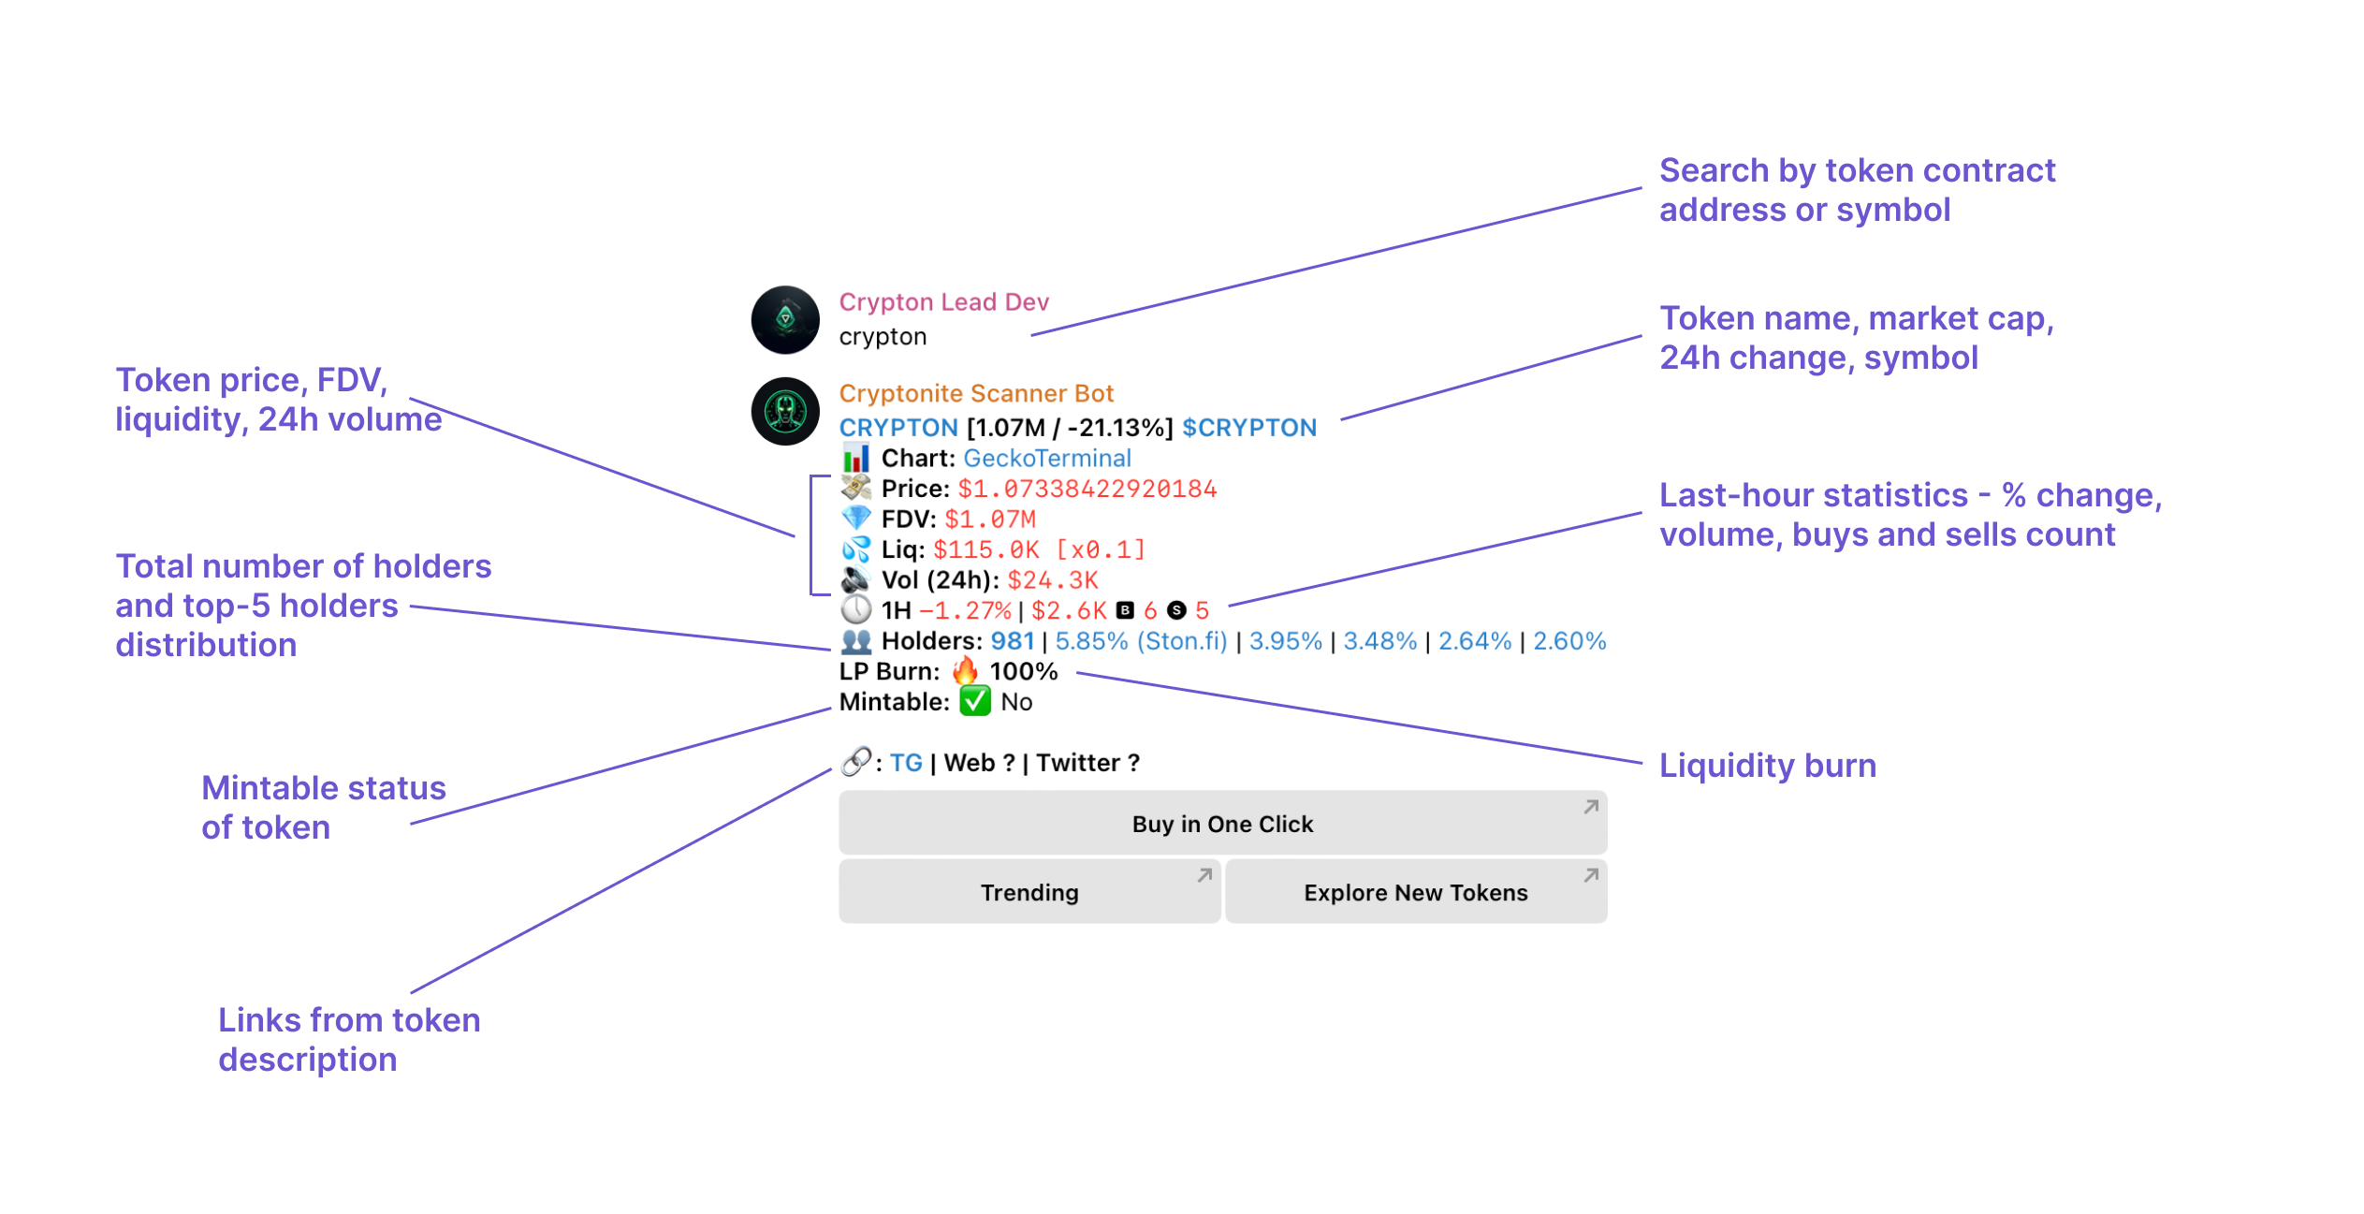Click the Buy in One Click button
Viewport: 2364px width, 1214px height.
pyautogui.click(x=1222, y=824)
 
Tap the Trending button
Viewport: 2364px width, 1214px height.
pyautogui.click(x=1029, y=892)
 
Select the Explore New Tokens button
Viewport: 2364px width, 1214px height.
pyautogui.click(x=1415, y=892)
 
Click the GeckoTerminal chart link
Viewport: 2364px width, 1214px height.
pyautogui.click(x=1046, y=459)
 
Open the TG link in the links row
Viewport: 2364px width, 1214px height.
pyautogui.click(x=905, y=763)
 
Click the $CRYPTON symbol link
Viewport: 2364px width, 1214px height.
pyautogui.click(x=1248, y=428)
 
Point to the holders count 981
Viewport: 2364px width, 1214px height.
pyautogui.click(x=1012, y=641)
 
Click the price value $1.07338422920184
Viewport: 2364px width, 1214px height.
pyautogui.click(x=1087, y=489)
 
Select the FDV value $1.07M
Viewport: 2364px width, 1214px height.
pyautogui.click(x=989, y=519)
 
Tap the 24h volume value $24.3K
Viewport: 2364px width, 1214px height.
pyautogui.click(x=1052, y=580)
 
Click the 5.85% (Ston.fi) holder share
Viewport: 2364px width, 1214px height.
pyautogui.click(x=1140, y=641)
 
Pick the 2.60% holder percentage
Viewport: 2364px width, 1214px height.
pyautogui.click(x=1569, y=641)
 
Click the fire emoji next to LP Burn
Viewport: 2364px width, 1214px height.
pyautogui.click(x=965, y=671)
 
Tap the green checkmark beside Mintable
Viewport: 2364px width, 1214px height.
pyautogui.click(x=974, y=702)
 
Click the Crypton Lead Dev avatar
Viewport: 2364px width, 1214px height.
pyautogui.click(x=785, y=320)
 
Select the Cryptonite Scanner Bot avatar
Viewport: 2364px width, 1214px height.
pyautogui.click(x=785, y=412)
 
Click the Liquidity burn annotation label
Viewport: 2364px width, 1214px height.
pyautogui.click(x=1767, y=766)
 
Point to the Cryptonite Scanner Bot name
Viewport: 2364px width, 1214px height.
pyautogui.click(x=975, y=393)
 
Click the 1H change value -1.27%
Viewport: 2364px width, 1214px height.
pyautogui.click(x=965, y=611)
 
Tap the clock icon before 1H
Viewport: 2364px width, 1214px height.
pyautogui.click(x=855, y=610)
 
